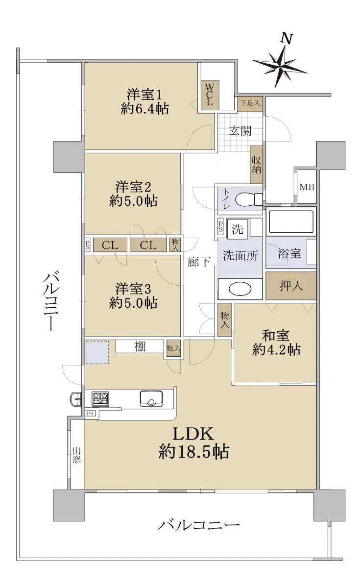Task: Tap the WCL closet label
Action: pos(210,95)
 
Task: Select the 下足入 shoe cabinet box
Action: pos(250,103)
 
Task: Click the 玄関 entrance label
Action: pos(240,131)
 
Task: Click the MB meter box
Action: pos(307,187)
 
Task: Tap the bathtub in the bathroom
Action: pos(291,221)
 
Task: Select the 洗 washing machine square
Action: pos(237,229)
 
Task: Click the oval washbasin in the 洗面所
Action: pos(240,289)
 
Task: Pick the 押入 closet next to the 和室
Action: pos(291,286)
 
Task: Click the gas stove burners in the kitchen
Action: pos(100,399)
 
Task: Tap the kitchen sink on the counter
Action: pos(151,398)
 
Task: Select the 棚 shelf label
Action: pos(140,346)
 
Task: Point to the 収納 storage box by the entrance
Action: pos(256,165)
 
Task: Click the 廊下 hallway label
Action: pos(199,262)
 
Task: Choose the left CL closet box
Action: pos(110,245)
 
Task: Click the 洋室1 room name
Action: pos(144,95)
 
